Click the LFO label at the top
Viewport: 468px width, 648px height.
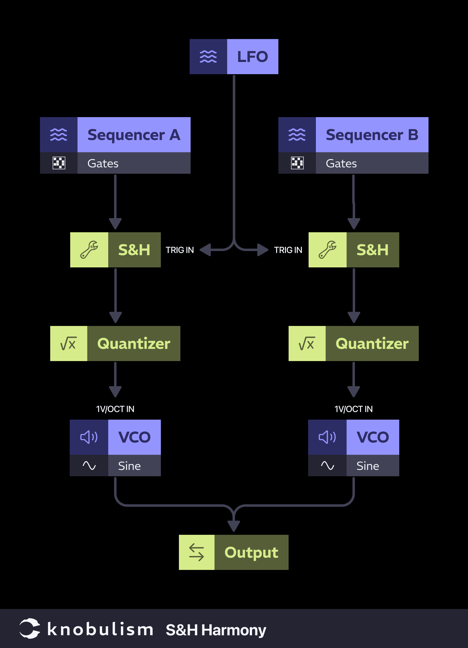point(253,57)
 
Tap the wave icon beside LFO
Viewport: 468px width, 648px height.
point(208,57)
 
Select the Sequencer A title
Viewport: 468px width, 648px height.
point(134,135)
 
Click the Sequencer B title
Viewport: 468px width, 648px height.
point(372,135)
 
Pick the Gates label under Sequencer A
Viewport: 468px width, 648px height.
point(103,163)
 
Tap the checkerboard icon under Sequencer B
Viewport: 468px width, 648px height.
point(297,163)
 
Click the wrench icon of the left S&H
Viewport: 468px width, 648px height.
point(89,250)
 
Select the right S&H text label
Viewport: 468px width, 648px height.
point(372,250)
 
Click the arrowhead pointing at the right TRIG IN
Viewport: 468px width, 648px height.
point(263,250)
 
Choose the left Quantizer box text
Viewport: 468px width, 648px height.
point(134,344)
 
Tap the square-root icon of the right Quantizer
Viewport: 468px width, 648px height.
point(307,344)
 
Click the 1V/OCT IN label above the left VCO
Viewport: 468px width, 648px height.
point(115,409)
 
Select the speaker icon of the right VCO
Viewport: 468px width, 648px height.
point(327,437)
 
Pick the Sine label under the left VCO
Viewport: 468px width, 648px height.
point(129,466)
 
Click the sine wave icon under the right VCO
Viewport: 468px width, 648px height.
point(327,466)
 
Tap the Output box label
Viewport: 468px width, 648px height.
point(251,552)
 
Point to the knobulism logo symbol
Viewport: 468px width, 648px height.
point(30,628)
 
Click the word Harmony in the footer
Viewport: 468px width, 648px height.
point(234,630)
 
